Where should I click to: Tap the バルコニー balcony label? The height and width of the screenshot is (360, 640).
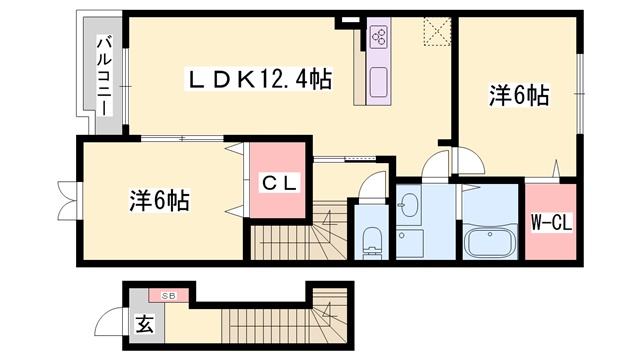coord(104,76)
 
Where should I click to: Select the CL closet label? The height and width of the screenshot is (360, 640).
coord(279,183)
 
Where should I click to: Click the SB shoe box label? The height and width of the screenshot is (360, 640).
coord(169,296)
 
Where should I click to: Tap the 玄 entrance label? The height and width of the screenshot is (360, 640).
coord(145,324)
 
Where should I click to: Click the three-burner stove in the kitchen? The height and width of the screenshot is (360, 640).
coord(380,36)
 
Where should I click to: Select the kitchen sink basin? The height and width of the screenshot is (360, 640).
coord(379,82)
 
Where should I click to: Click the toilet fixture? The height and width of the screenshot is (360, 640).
coord(371,241)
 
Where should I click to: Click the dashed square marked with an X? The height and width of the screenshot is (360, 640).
coord(437,31)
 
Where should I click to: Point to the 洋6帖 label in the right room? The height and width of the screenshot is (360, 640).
coord(518,96)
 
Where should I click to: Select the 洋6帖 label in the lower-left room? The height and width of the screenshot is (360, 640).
coord(159,200)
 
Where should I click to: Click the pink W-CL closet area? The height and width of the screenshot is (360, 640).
coord(550,221)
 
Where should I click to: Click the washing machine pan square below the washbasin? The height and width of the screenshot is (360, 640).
coord(409,243)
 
